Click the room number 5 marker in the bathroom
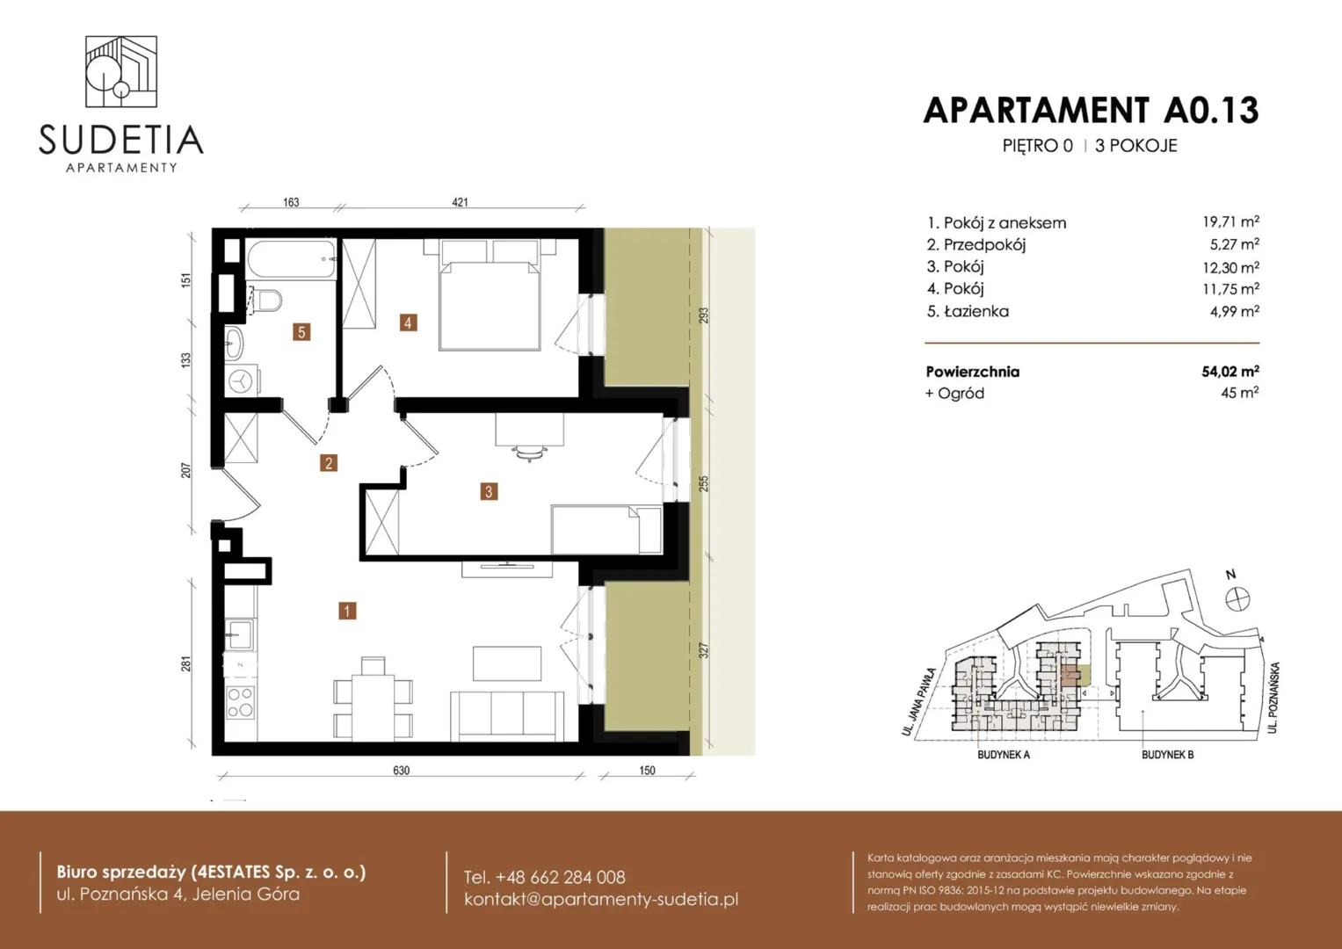301,332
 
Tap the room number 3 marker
489,492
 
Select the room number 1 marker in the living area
347,611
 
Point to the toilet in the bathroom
265,301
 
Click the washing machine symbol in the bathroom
243,380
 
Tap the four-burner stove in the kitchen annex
240,703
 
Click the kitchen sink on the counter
240,634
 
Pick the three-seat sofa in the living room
507,716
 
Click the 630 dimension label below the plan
402,771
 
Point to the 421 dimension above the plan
460,202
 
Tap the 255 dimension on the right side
704,483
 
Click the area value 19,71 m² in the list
1230,221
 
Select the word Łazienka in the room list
976,311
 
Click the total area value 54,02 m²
1230,372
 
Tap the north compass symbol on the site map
1237,599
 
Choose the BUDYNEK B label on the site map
1168,755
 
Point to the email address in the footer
601,899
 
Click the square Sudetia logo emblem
121,72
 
